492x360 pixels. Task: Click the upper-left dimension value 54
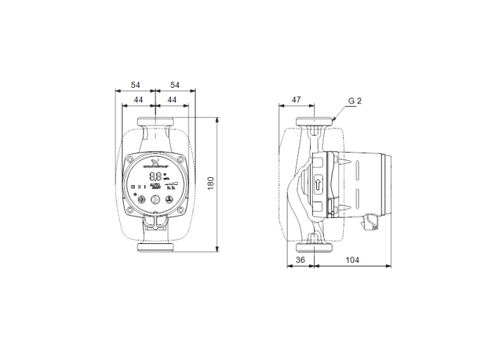pyautogui.click(x=135, y=85)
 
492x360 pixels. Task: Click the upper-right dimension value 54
pyautogui.click(x=175, y=85)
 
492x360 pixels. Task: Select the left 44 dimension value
pyautogui.click(x=138, y=101)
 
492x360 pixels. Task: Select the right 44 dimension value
pyautogui.click(x=171, y=101)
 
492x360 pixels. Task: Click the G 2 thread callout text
pyautogui.click(x=354, y=101)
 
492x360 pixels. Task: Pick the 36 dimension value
pyautogui.click(x=300, y=260)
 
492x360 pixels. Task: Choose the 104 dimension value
pyautogui.click(x=352, y=260)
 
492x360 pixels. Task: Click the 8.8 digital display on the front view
pyautogui.click(x=155, y=177)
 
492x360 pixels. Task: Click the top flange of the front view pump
pyautogui.click(x=155, y=121)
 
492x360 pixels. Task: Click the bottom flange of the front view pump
pyautogui.click(x=155, y=247)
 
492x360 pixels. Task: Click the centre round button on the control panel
pyautogui.click(x=155, y=199)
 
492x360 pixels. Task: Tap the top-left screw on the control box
pyautogui.click(x=130, y=159)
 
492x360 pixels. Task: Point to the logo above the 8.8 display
pyautogui.click(x=155, y=165)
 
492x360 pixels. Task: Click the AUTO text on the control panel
pyautogui.click(x=155, y=186)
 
